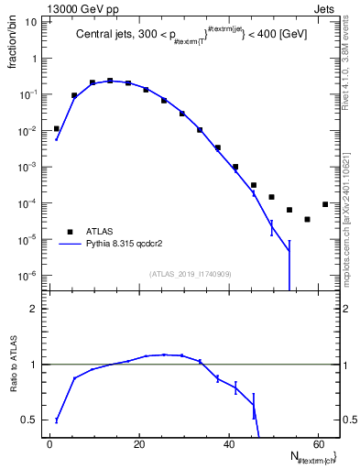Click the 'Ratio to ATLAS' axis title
pyautogui.click(x=12, y=365)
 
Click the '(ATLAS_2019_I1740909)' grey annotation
pyautogui.click(x=191, y=274)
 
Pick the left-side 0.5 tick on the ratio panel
pyautogui.click(x=33, y=420)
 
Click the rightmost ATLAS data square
pyautogui.click(x=325, y=204)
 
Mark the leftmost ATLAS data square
pyautogui.click(x=57, y=129)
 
